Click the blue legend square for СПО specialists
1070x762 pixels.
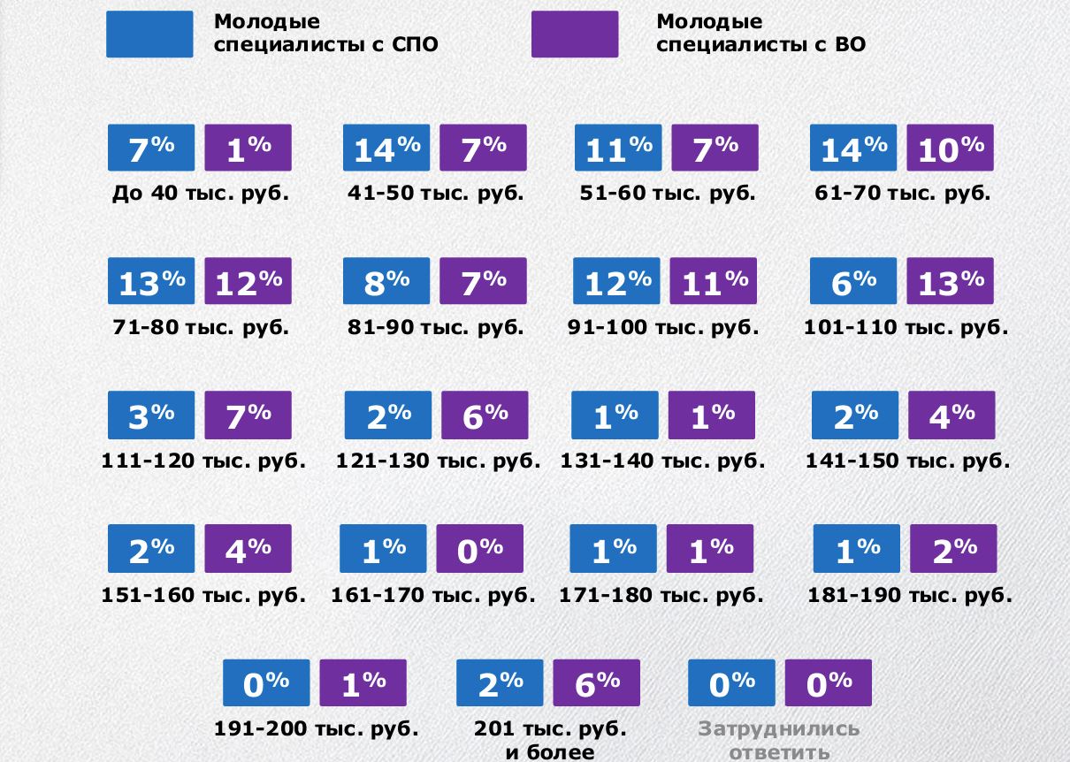coord(149,34)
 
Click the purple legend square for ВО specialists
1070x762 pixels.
coord(575,34)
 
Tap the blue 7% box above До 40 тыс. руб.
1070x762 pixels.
coord(151,148)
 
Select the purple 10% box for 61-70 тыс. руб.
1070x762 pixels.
coord(950,148)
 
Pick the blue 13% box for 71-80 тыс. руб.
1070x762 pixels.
coord(151,281)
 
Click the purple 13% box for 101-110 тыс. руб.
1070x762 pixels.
coord(950,281)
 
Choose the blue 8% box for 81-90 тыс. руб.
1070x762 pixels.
coord(386,281)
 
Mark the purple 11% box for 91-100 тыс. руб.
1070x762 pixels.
coord(713,281)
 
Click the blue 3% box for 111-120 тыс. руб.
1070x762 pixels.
coord(151,415)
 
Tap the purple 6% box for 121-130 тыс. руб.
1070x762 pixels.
coord(485,415)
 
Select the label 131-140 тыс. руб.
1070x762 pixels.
coord(662,461)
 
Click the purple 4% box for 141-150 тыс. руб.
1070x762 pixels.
coord(952,415)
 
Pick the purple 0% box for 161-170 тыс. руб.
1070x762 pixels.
coord(480,549)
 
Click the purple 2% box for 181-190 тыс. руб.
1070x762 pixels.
coord(953,549)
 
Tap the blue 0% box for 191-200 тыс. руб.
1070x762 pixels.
coord(266,683)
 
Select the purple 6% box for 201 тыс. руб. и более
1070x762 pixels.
coord(597,683)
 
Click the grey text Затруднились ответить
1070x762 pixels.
coord(778,741)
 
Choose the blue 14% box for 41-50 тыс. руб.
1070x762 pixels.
coord(386,148)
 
